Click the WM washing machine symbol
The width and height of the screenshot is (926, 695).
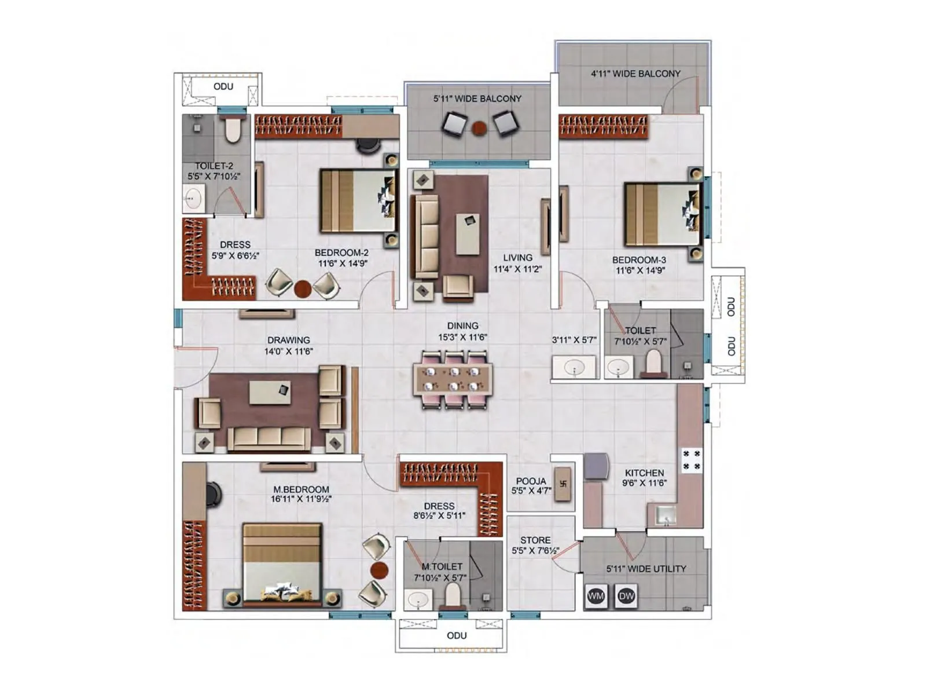pyautogui.click(x=596, y=596)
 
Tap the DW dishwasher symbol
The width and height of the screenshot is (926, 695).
pyautogui.click(x=626, y=596)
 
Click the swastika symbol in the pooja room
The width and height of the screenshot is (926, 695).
pyautogui.click(x=563, y=484)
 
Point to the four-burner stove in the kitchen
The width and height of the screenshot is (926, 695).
pyautogui.click(x=691, y=460)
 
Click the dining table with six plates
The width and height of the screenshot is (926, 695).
pyautogui.click(x=453, y=379)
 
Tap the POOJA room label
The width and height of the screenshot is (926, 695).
pyautogui.click(x=531, y=481)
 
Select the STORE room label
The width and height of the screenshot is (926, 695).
pyautogui.click(x=535, y=540)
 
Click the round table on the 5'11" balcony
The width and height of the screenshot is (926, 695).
pyautogui.click(x=479, y=128)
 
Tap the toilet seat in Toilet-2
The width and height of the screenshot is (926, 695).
pyautogui.click(x=232, y=130)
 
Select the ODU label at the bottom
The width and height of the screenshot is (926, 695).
pyautogui.click(x=456, y=635)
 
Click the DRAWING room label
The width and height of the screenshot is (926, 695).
pyautogui.click(x=288, y=340)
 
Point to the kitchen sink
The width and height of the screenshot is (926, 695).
pyautogui.click(x=665, y=514)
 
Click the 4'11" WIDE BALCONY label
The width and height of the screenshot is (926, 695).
pyautogui.click(x=635, y=74)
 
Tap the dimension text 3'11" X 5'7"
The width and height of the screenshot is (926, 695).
pyautogui.click(x=574, y=340)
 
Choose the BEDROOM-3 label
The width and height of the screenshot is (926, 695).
pyautogui.click(x=639, y=260)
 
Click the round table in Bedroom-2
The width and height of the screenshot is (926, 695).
pyautogui.click(x=302, y=288)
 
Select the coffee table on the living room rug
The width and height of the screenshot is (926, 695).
pyautogui.click(x=468, y=233)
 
